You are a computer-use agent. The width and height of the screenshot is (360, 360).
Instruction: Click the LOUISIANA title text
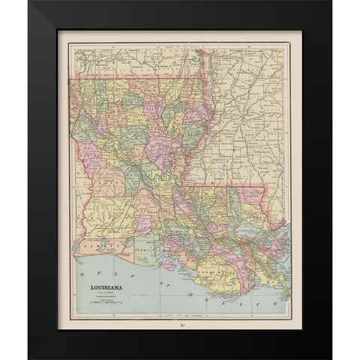pyautogui.click(x=101, y=286)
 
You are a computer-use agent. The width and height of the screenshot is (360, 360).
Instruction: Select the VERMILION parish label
pyautogui.click(x=144, y=247)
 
